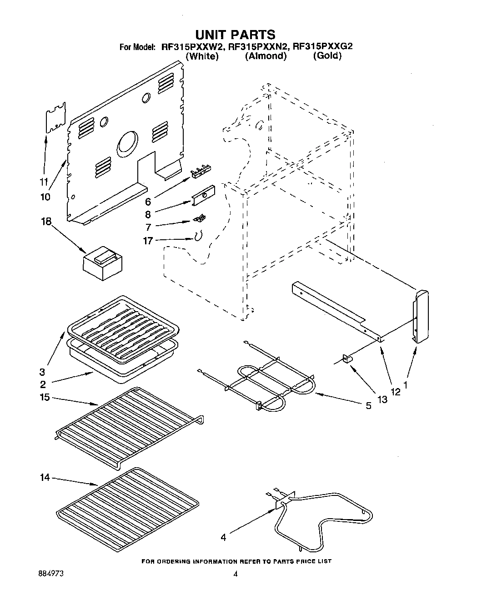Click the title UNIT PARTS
235,35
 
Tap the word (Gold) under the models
327,56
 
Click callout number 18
46,222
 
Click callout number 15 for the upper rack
44,397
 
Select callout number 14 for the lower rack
44,478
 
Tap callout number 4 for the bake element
223,538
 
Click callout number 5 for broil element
368,405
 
